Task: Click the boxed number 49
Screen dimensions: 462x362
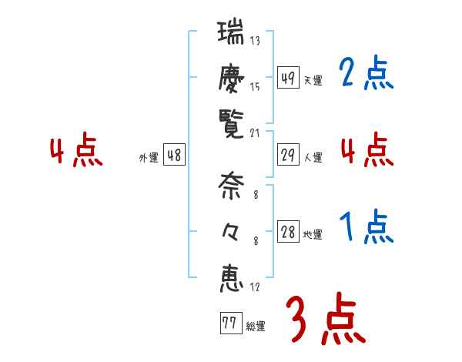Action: pos(288,79)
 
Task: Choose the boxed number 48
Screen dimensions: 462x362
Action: pos(174,156)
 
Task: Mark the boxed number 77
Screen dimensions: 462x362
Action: pos(229,323)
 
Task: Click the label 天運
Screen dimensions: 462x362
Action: pos(313,80)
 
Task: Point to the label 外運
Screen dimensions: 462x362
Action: pos(149,158)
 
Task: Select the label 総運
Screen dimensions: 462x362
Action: pos(255,326)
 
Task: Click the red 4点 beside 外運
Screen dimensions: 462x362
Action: pos(77,151)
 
